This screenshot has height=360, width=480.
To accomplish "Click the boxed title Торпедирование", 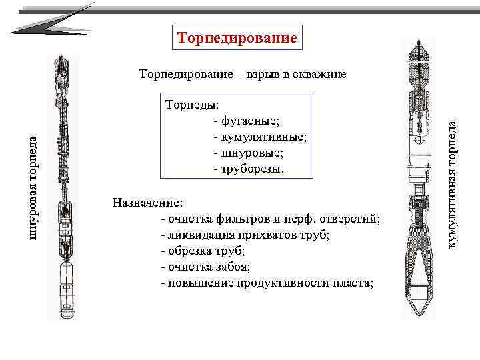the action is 237,37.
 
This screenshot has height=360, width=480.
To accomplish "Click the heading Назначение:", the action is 147,202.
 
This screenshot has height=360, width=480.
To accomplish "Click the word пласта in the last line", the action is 354,283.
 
